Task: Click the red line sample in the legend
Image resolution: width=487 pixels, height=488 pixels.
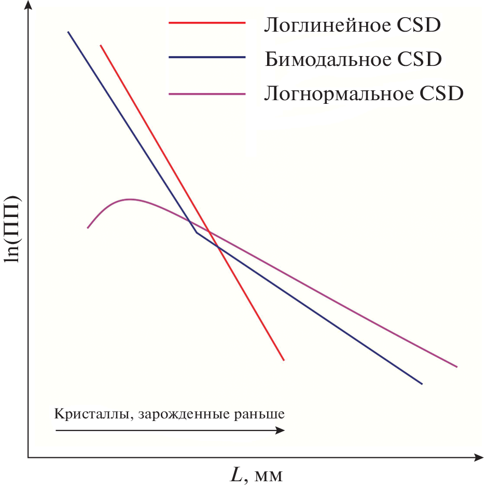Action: (x=206, y=23)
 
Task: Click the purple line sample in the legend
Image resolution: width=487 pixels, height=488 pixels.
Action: (x=206, y=94)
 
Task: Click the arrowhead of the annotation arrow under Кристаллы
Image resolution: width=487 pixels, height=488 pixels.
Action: (x=281, y=430)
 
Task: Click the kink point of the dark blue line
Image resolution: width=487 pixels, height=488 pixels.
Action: (x=197, y=233)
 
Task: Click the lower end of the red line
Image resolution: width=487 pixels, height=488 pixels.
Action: (x=284, y=360)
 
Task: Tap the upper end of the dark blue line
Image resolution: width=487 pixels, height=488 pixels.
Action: (x=68, y=32)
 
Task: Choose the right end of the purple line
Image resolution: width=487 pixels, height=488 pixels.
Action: (x=457, y=367)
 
